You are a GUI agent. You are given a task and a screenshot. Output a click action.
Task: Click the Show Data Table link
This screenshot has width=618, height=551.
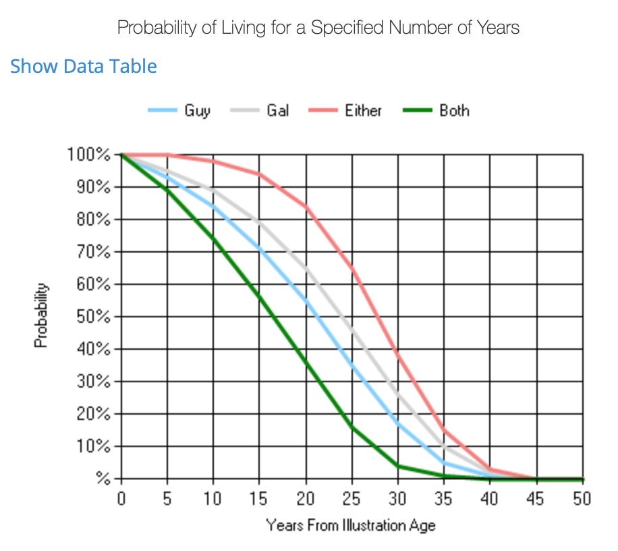[x=84, y=66]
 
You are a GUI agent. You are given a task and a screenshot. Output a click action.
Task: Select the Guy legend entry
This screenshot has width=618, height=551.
[x=196, y=111]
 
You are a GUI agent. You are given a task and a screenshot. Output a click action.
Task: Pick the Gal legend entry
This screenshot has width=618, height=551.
[x=277, y=111]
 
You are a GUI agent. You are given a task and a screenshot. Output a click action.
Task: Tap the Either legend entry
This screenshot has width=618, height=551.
[x=363, y=111]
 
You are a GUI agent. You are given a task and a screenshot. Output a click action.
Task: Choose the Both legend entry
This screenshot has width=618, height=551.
[x=453, y=111]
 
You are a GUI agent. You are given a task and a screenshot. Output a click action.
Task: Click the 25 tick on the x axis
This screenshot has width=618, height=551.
[x=352, y=500]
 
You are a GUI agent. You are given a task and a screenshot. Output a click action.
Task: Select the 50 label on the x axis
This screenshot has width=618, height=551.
[x=582, y=500]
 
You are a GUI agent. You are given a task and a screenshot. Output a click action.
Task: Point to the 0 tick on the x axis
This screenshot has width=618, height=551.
[x=121, y=500]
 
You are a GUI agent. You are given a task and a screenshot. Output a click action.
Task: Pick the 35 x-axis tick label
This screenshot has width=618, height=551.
[x=444, y=500]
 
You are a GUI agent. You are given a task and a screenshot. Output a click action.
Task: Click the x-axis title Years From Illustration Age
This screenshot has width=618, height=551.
[x=351, y=525]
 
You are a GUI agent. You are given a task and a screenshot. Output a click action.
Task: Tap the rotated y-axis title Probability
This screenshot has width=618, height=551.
[x=42, y=315]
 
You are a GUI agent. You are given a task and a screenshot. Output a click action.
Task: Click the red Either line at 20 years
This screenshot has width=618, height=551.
[x=306, y=206]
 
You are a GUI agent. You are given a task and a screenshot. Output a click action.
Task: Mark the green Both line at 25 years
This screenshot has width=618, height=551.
[x=352, y=427]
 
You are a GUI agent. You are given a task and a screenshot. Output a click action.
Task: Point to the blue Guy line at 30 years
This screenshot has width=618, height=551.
[x=398, y=423]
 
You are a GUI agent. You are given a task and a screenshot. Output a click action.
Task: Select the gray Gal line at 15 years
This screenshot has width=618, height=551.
[x=260, y=221]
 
